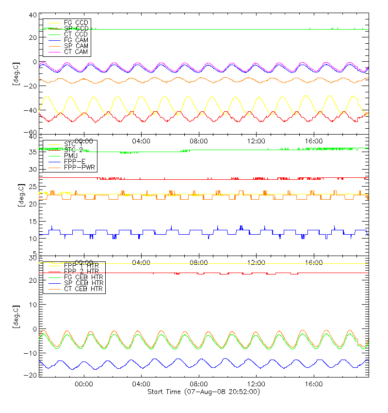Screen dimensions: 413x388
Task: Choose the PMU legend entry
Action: (72, 155)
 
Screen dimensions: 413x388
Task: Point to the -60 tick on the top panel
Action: (32, 132)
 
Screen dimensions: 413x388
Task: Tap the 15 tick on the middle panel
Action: (33, 222)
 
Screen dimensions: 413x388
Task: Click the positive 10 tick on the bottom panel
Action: (33, 304)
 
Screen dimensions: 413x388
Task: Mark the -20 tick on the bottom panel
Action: (32, 375)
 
